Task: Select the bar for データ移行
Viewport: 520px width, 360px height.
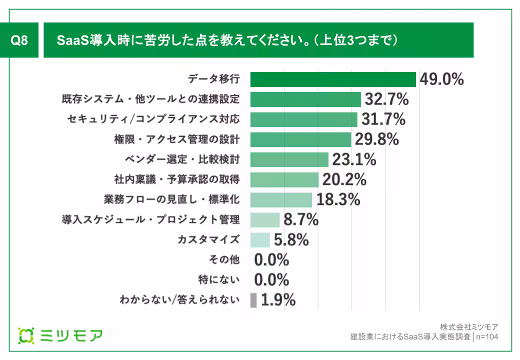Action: coord(333,79)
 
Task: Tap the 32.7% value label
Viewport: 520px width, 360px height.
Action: coord(386,99)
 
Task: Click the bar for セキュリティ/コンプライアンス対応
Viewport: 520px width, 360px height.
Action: coord(303,119)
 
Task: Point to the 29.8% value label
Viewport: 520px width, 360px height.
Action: coord(377,139)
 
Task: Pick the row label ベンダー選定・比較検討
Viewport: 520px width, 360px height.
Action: coord(182,159)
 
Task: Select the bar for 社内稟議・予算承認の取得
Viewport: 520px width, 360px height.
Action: coord(284,179)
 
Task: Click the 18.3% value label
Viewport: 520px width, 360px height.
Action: coord(338,199)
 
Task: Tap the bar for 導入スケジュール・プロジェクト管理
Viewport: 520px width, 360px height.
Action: coord(264,219)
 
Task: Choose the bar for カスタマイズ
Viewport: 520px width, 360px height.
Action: coord(260,239)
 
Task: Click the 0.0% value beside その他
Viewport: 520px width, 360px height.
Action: coord(272,260)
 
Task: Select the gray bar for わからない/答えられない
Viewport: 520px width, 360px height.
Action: coord(253,300)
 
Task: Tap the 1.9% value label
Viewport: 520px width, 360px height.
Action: coord(278,300)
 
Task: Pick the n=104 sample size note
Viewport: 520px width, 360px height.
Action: coord(487,336)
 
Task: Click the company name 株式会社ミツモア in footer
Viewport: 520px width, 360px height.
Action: coord(469,327)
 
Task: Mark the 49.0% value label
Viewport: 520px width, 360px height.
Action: coord(441,79)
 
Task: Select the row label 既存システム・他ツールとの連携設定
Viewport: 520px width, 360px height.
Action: coord(150,99)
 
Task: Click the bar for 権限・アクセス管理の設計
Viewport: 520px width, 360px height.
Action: coord(300,139)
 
